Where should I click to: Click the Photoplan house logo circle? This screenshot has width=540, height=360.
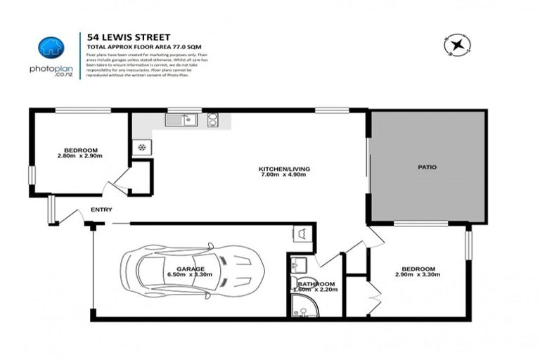click(51, 47)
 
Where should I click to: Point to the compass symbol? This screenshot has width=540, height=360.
click(456, 45)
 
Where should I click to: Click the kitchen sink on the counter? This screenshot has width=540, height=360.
click(180, 120)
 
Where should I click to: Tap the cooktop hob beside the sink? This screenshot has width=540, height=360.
click(212, 120)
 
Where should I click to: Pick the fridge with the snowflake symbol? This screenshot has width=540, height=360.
click(141, 148)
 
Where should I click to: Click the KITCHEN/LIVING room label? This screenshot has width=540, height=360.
click(284, 169)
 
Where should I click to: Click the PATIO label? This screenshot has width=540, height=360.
click(426, 167)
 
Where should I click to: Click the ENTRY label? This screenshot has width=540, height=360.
click(101, 210)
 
